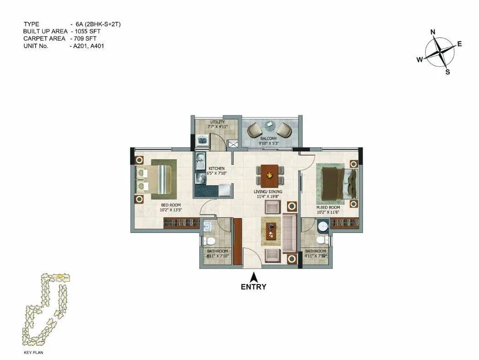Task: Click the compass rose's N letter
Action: [433, 32]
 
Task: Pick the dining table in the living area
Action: [269, 174]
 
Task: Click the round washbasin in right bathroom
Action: [323, 227]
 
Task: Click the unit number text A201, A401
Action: [87, 46]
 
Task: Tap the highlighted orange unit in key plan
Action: [60, 277]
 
